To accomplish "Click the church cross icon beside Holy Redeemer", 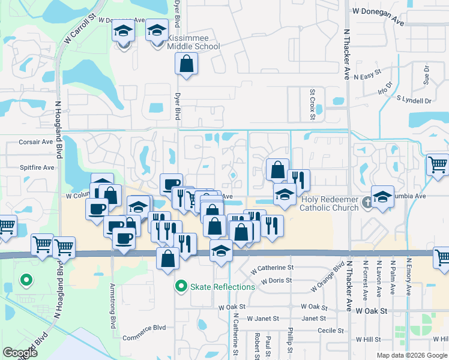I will coord(368,203).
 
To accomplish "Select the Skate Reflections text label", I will coord(223,287).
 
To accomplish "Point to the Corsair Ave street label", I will coord(36,142).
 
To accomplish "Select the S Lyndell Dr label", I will coord(414,100).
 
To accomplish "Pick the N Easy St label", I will coord(368,77).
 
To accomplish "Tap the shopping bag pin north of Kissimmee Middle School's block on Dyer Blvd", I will coord(187,63).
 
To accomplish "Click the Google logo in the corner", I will coord(19,353).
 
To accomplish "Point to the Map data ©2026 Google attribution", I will coord(412,355).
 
